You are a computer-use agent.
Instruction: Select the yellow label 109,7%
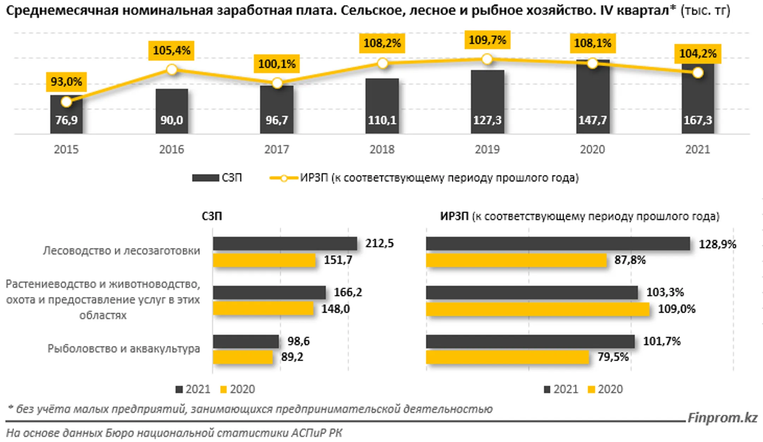pyautogui.click(x=487, y=40)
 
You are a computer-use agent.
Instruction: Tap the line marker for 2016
pyautogui.click(x=172, y=69)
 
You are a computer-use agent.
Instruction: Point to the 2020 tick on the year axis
pyautogui.click(x=592, y=149)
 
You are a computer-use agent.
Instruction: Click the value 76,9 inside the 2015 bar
pyautogui.click(x=66, y=120)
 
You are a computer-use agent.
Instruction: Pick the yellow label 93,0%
pyautogui.click(x=66, y=81)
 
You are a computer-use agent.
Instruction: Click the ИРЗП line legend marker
pyautogui.click(x=284, y=178)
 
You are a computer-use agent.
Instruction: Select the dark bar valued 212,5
pyautogui.click(x=285, y=244)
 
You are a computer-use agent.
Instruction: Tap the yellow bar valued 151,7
pyautogui.click(x=264, y=260)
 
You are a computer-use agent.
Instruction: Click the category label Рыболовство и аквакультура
pyautogui.click(x=124, y=349)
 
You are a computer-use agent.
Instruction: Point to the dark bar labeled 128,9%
pyautogui.click(x=557, y=244)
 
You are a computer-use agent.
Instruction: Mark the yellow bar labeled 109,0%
pyautogui.click(x=537, y=309)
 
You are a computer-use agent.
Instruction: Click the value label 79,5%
pyautogui.click(x=613, y=357)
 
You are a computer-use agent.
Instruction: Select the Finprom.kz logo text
pyautogui.click(x=722, y=418)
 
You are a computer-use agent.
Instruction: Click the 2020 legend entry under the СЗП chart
pyautogui.click(x=237, y=389)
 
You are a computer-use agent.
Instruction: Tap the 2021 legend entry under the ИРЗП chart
pyautogui.click(x=561, y=389)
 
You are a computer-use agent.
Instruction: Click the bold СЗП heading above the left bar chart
pyautogui.click(x=212, y=216)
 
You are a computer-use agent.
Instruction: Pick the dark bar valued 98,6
pyautogui.click(x=246, y=341)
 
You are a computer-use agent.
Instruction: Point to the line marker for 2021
pyautogui.click(x=698, y=73)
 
